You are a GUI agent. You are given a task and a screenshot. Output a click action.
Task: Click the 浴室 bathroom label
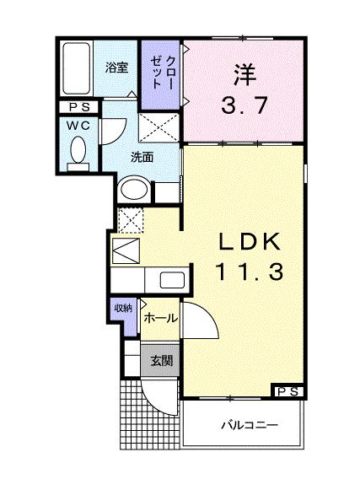pos(116,67)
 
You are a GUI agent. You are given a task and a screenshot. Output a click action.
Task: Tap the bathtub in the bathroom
pos(77,69)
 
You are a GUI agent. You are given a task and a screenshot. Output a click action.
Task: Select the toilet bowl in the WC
pos(78,152)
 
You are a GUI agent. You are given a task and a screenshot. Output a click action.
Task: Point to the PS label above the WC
pos(78,107)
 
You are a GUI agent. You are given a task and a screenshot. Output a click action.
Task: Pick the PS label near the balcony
pos(287,391)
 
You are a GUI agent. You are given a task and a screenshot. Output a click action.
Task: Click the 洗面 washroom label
pos(142,157)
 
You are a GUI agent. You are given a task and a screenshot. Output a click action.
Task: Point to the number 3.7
pos(244,107)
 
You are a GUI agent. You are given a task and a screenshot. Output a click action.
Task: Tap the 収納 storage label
pos(123,309)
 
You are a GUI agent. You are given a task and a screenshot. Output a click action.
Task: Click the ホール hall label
pos(160,318)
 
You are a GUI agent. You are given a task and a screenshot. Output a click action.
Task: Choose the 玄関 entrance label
pos(161,360)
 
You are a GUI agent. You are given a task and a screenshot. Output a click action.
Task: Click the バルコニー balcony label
pos(250,423)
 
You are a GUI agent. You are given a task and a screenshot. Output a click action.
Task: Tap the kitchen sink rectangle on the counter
pos(171,280)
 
